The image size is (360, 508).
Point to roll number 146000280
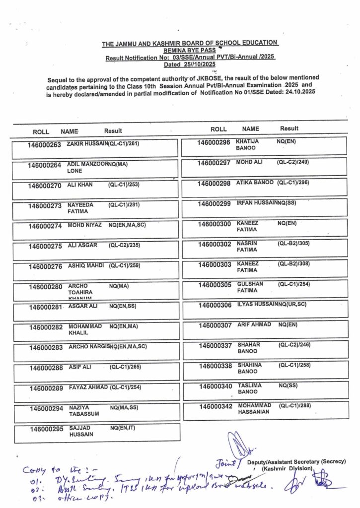coord(46,287)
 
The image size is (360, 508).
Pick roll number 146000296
coord(214,142)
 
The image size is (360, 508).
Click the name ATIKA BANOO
coord(255,183)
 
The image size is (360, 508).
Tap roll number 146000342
coord(216,407)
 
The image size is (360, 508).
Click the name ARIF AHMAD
coord(254,324)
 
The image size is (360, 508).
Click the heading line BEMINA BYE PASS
coord(190,51)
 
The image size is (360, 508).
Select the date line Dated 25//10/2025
coord(190,64)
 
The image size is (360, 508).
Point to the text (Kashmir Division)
coord(288,468)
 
